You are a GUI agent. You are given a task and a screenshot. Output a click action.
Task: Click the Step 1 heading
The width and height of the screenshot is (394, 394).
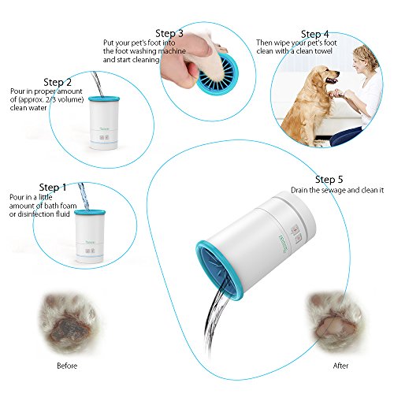[x=53, y=188]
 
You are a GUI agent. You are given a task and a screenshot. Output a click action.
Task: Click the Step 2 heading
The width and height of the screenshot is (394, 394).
[x=58, y=83]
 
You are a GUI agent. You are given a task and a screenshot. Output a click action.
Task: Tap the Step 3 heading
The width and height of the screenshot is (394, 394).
[x=169, y=34]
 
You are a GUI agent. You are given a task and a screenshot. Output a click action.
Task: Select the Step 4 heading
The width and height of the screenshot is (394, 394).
[x=314, y=35]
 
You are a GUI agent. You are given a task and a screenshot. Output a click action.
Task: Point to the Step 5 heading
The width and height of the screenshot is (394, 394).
[x=329, y=180]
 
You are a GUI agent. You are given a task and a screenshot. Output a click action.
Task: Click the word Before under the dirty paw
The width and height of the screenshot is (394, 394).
[x=67, y=366]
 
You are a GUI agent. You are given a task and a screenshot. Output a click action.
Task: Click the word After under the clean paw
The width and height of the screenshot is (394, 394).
[x=340, y=366]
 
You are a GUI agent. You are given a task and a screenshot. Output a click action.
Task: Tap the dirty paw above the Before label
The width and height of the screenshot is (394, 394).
[x=69, y=323]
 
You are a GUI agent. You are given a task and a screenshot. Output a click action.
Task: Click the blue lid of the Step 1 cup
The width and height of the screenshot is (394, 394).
[x=90, y=212]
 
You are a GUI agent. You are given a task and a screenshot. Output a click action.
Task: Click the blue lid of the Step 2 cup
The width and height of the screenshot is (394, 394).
[x=104, y=98]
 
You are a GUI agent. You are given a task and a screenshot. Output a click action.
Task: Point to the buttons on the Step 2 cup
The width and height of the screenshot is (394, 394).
[x=104, y=137]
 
